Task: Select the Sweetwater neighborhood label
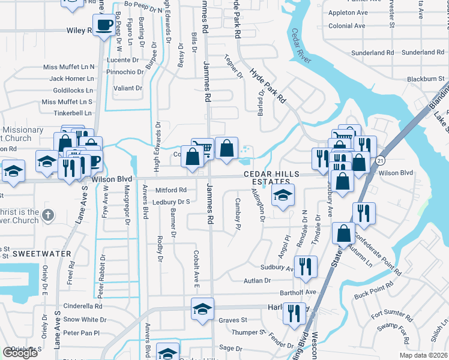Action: pos(34,254)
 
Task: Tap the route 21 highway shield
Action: pos(381,161)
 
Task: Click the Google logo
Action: pos(20,353)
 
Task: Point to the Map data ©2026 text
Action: pos(423,355)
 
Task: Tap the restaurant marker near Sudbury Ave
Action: pos(307,266)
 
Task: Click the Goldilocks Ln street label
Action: pos(73,90)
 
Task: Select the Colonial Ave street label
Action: pos(347,26)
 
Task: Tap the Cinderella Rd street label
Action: pos(83,305)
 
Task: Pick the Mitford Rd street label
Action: pos(171,190)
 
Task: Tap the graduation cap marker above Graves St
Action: pos(203,310)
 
